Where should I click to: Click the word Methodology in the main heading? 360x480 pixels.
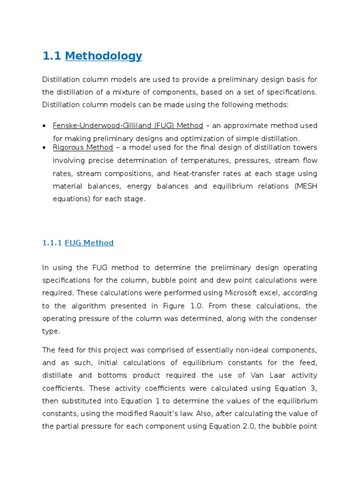104,56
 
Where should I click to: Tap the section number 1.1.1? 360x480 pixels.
52,243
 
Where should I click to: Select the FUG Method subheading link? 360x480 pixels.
89,243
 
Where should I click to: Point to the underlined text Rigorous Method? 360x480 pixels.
83,148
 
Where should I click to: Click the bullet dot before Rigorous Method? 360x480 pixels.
44,148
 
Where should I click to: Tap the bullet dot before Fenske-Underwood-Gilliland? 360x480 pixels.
44,126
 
